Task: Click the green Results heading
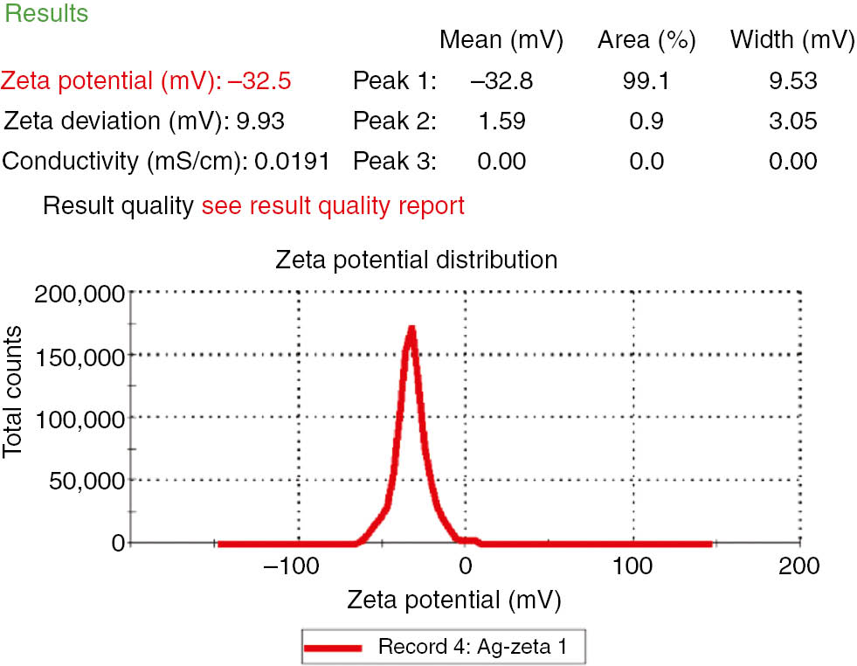tap(46, 14)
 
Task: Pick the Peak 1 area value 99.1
tap(646, 81)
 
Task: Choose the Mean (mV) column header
tap(501, 40)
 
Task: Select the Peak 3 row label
tap(393, 162)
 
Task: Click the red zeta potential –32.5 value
tap(259, 81)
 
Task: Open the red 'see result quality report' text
tap(333, 206)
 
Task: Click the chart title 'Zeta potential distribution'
tap(416, 260)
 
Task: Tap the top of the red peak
tap(410, 330)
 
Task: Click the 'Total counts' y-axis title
tap(14, 392)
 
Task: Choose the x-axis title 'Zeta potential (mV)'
tap(453, 600)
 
